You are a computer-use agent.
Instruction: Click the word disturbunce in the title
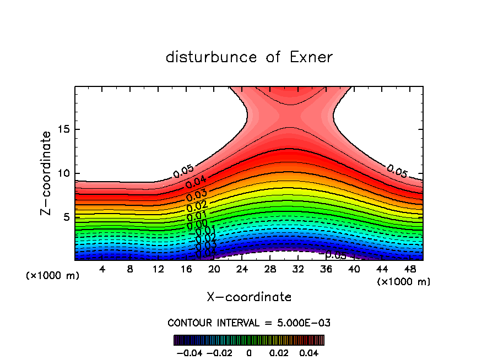[x=212, y=57]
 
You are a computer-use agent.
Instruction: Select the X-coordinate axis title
[x=249, y=297]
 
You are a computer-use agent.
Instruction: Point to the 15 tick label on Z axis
[x=64, y=130]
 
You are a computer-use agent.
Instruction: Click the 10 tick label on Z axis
[x=64, y=173]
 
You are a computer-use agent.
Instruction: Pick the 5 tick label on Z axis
[x=67, y=217]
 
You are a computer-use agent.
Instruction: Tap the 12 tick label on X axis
[x=158, y=269]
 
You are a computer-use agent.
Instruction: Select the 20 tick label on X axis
[x=214, y=269]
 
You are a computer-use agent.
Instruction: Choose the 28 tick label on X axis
[x=270, y=269]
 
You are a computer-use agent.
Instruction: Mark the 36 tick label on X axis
[x=326, y=269]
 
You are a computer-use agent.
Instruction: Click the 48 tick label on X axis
[x=409, y=269]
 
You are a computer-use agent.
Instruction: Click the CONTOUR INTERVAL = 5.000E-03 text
[x=249, y=323]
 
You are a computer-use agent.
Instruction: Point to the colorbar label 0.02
[x=279, y=352]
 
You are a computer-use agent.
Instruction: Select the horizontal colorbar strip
[x=249, y=340]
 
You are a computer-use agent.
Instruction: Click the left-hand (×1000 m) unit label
[x=52, y=276]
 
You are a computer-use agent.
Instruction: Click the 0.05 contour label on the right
[x=397, y=171]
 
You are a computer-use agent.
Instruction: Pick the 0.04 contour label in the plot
[x=196, y=183]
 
